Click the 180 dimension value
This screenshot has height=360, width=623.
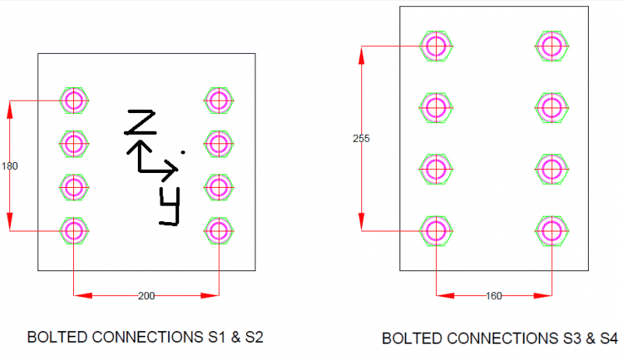9,166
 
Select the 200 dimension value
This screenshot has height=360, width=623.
146,296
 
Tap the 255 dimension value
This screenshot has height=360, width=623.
361,139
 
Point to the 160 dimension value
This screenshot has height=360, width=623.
494,296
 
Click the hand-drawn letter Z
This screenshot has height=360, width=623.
140,122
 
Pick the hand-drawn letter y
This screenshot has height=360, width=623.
170,206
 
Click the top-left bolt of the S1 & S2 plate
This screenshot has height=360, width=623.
74,101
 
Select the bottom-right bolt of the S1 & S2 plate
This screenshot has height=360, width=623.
219,231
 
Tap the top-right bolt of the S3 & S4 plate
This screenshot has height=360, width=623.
552,46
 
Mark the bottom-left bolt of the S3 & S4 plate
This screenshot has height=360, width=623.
436,231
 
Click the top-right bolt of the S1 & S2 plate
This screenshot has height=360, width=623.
219,101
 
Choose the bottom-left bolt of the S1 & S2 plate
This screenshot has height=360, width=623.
74,231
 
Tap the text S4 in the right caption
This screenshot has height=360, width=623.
609,338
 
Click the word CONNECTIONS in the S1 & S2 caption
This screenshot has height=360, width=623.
148,337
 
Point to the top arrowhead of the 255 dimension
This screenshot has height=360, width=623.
361,55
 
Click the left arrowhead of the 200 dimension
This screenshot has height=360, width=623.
83,295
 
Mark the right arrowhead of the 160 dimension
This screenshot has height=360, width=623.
543,295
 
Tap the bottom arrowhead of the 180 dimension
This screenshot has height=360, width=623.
10,221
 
